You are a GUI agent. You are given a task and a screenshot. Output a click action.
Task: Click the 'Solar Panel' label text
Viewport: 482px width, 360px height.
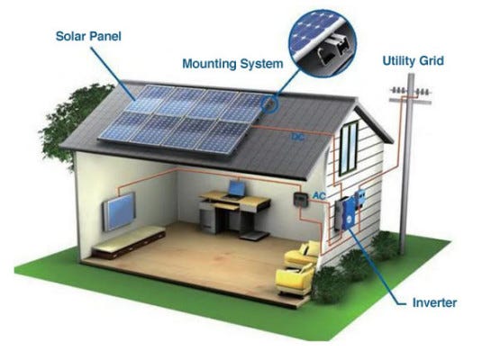[88, 36]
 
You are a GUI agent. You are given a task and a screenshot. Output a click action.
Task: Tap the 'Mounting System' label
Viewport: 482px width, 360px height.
[232, 64]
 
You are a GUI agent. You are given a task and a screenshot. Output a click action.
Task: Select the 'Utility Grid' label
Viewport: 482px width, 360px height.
[414, 61]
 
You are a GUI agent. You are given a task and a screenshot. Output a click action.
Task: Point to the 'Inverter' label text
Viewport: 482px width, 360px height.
[434, 303]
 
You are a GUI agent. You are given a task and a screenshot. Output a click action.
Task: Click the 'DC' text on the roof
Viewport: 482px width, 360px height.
[297, 137]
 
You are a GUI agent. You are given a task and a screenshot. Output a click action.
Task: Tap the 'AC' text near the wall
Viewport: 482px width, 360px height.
[319, 195]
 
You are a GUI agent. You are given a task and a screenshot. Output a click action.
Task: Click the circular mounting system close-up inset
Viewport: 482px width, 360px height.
[323, 43]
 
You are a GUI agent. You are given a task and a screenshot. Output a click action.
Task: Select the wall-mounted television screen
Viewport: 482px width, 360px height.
[119, 211]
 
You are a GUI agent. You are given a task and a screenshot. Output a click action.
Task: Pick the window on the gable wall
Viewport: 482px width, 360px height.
[349, 148]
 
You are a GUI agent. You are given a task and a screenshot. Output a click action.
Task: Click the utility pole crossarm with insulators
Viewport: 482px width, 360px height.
[411, 95]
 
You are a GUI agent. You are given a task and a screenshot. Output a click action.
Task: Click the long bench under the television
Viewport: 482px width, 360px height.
[129, 242]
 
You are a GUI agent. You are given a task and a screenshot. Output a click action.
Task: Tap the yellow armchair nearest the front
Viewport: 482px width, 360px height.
[295, 281]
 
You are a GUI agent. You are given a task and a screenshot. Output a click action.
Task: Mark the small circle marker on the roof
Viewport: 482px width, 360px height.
[268, 103]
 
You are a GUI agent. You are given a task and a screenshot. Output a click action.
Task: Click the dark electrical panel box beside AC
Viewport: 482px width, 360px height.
[300, 200]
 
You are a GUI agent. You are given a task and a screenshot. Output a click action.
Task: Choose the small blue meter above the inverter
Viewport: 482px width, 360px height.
[360, 198]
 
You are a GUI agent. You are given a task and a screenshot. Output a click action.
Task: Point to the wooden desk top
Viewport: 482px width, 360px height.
[235, 199]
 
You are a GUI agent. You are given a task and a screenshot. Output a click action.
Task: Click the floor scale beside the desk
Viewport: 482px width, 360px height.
[255, 236]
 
